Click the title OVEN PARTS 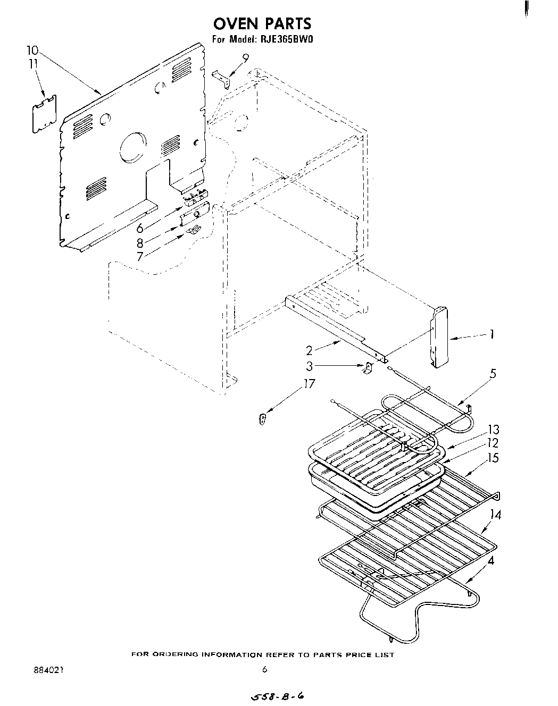click(263, 23)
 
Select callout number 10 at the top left click(32, 51)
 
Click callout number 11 click(33, 63)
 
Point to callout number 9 click(245, 57)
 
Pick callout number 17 click(309, 384)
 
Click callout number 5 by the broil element click(493, 374)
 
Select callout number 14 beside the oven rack click(496, 514)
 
